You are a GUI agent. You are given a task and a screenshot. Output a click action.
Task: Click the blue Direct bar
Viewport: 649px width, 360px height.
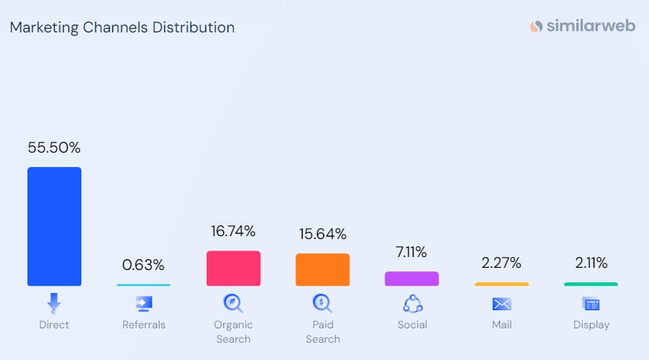pyautogui.click(x=54, y=226)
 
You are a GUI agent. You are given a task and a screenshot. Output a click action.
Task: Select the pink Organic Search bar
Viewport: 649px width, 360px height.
pyautogui.click(x=233, y=268)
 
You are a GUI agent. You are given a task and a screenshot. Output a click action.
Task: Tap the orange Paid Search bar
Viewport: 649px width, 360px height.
pyautogui.click(x=322, y=269)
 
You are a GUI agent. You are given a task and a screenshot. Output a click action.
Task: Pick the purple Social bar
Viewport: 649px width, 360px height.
pyautogui.click(x=411, y=278)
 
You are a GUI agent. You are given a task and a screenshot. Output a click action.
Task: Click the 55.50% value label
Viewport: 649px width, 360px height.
pyautogui.click(x=54, y=148)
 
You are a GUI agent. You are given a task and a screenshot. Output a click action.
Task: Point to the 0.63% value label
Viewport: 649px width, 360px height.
pyautogui.click(x=143, y=265)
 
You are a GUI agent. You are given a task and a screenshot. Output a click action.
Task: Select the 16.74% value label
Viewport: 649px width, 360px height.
pyautogui.click(x=233, y=231)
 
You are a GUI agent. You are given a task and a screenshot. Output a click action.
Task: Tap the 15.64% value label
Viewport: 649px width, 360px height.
pyautogui.click(x=322, y=234)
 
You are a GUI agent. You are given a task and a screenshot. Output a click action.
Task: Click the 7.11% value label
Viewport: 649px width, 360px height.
pyautogui.click(x=411, y=252)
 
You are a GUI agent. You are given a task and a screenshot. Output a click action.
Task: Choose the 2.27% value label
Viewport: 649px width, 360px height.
pyautogui.click(x=501, y=263)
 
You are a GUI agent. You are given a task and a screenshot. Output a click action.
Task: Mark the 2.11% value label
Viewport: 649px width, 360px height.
pyautogui.click(x=591, y=263)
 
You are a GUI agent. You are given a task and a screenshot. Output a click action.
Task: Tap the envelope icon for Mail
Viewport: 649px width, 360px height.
pyautogui.click(x=501, y=304)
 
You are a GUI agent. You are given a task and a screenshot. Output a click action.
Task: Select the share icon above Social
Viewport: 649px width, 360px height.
pyautogui.click(x=412, y=303)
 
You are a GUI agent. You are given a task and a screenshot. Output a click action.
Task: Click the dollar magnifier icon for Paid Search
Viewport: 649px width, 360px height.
pyautogui.click(x=322, y=302)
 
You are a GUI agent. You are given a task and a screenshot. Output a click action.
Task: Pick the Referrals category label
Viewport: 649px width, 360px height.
pyautogui.click(x=143, y=325)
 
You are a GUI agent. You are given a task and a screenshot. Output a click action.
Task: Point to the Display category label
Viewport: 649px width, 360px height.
pyautogui.click(x=591, y=325)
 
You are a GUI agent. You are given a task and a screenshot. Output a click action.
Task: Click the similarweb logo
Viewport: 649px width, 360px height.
pyautogui.click(x=583, y=27)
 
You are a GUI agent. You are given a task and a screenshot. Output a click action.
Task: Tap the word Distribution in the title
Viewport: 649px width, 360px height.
pyautogui.click(x=194, y=28)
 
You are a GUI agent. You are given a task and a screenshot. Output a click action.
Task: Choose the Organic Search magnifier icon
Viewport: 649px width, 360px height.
pyautogui.click(x=233, y=302)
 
